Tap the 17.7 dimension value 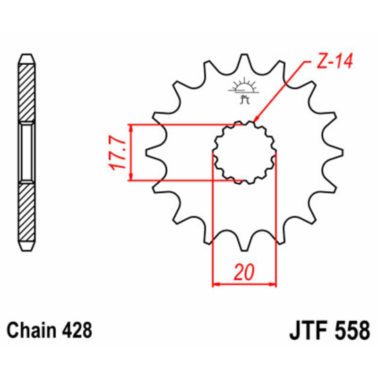[x=117, y=154]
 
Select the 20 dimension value [x=244, y=273]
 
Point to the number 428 [x=77, y=330]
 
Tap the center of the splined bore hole [x=244, y=153]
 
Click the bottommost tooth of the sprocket [x=244, y=246]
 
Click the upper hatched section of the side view [x=26, y=92]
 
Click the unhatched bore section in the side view [x=26, y=152]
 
